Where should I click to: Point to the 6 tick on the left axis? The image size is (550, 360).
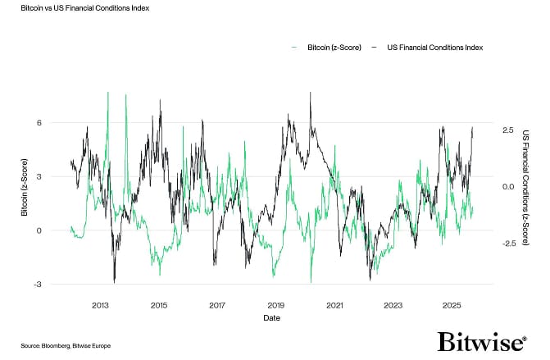(39, 122)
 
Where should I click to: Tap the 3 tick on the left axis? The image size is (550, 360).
(39, 176)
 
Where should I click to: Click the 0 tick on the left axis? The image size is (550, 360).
(39, 230)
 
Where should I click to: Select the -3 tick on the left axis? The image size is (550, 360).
(37, 285)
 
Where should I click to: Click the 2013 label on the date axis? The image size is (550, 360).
(100, 305)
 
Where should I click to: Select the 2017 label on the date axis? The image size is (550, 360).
(217, 305)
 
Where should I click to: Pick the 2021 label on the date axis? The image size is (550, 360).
(334, 305)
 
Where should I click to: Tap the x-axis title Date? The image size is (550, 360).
(275, 317)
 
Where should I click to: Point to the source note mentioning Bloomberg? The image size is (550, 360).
(65, 346)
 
